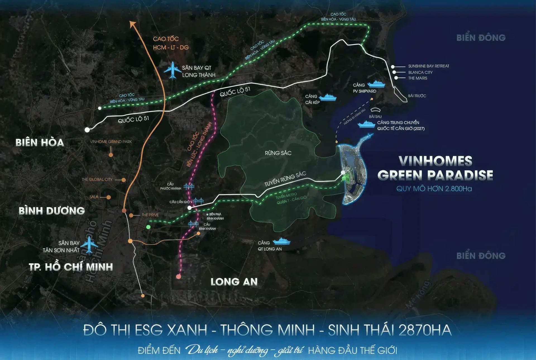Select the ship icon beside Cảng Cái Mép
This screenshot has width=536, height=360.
point(328,97)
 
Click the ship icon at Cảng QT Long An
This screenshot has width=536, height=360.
point(281,241)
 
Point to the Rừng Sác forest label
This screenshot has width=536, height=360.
point(278,153)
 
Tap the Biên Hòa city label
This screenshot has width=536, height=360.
point(40,142)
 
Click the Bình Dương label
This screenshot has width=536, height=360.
point(52,211)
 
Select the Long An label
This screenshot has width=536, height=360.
point(234,282)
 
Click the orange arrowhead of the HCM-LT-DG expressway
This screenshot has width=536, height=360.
point(133,24)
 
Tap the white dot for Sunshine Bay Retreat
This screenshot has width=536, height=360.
point(393,67)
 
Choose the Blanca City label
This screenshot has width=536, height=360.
point(420,72)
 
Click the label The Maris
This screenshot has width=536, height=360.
point(418,78)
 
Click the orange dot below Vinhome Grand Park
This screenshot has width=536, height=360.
point(111,155)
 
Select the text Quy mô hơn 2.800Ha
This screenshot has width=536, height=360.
point(434,189)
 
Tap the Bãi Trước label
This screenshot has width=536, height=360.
point(417,96)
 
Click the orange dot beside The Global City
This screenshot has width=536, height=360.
point(124,180)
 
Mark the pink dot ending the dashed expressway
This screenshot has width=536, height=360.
point(179,276)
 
